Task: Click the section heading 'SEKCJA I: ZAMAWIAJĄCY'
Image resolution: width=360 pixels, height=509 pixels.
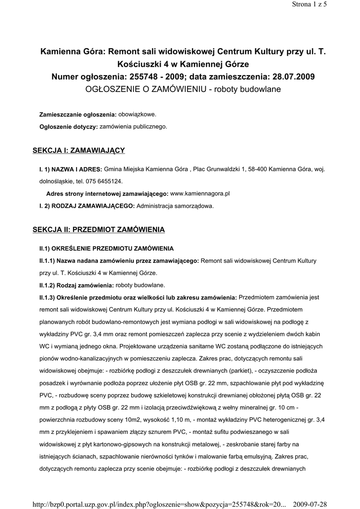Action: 79,150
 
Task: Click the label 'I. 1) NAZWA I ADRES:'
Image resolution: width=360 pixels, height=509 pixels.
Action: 71,170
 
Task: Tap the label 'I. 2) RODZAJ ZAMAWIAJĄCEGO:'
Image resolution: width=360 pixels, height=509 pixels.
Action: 87,205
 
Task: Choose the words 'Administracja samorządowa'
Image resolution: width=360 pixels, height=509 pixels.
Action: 175,205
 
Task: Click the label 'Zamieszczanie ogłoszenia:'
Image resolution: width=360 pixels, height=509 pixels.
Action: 78,115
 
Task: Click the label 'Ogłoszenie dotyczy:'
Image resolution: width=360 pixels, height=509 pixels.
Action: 69,127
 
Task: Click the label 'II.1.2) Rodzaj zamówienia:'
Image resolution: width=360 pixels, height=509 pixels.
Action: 77,285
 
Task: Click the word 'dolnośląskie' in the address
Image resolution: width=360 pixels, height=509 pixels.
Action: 57,181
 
